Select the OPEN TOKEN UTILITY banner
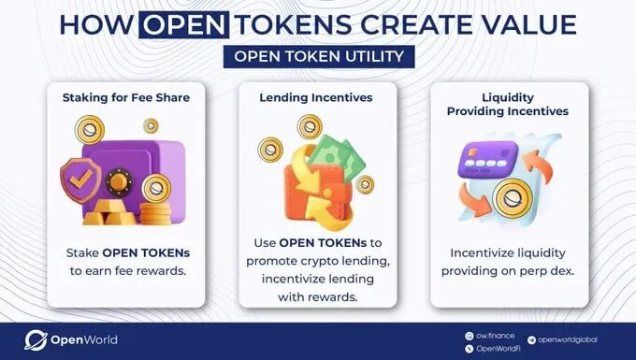319,57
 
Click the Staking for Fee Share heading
125,97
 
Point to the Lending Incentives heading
317,97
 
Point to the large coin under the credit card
511,198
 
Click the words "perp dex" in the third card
540,269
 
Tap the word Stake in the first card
82,253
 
